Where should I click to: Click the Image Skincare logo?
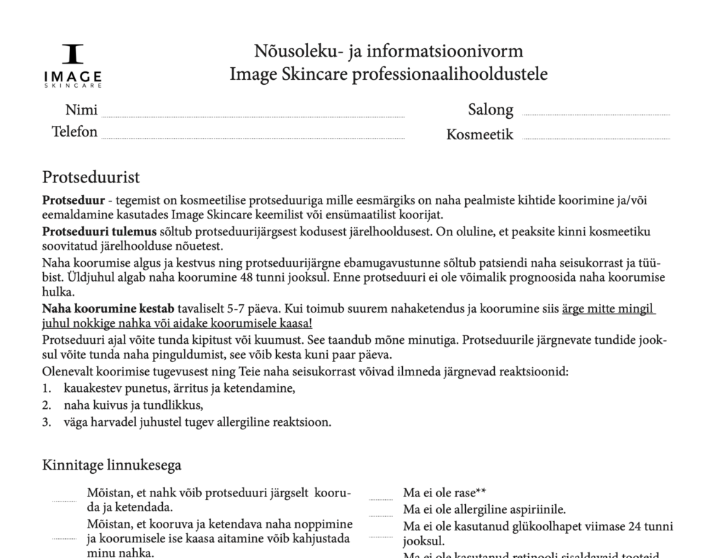[73, 66]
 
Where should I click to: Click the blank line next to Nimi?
[253, 115]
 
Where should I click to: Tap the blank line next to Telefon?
[253, 137]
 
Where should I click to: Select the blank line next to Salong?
[595, 114]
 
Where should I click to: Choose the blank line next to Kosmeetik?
[595, 138]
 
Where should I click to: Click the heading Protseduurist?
[91, 177]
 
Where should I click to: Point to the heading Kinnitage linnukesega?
[111, 465]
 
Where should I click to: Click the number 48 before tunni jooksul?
[246, 278]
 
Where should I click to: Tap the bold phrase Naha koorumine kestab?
[108, 309]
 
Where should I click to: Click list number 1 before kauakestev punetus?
[46, 388]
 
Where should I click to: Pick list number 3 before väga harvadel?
[46, 422]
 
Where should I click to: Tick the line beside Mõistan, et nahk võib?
[64, 501]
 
